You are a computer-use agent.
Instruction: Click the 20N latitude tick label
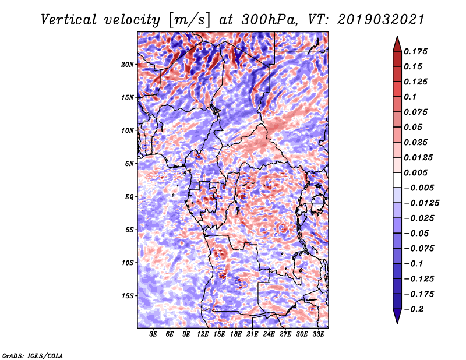coord(128,64)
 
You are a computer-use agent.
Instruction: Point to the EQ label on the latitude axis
coord(129,197)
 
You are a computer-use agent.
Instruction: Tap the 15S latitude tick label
coord(128,296)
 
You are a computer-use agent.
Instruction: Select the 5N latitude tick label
coord(129,164)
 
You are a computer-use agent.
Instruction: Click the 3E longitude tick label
coord(154,334)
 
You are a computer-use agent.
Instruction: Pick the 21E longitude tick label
coord(253,334)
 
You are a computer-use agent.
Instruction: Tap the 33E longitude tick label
coord(319,334)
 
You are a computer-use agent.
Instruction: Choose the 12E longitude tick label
coord(203,334)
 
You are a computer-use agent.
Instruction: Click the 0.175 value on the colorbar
coord(416,51)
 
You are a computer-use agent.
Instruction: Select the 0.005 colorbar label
coord(416,172)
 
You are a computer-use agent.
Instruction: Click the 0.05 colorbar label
coord(414,127)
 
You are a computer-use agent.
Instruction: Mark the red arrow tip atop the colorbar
coord(396,39)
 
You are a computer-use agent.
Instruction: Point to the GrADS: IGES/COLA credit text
coord(33,355)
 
